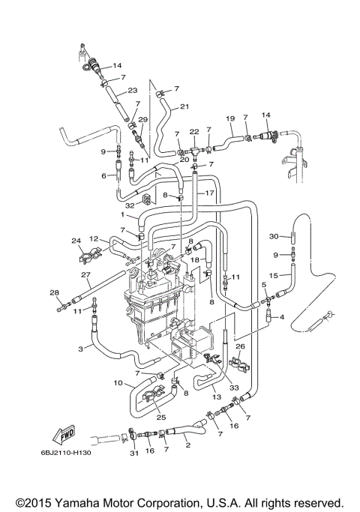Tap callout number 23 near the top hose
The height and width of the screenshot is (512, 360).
pos(133,91)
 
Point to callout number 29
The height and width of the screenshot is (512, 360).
pos(143,120)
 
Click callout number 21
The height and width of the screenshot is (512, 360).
pos(184,106)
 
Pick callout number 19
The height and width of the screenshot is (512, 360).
pos(230,118)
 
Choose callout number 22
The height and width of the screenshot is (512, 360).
pos(193,132)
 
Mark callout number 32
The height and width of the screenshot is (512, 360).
pos(130,203)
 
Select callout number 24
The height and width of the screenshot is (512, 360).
pos(76,241)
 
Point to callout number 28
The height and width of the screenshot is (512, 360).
pos(54,292)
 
